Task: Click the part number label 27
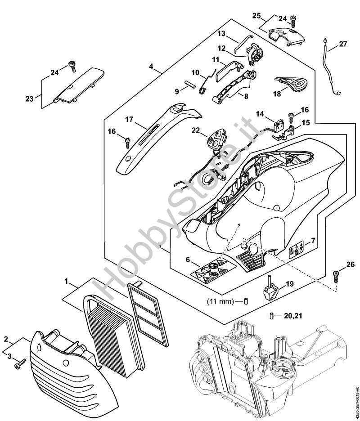tap(343, 44)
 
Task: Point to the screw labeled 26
tap(336, 276)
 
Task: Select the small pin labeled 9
tap(190, 84)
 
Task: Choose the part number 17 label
tap(129, 120)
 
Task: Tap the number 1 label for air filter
tap(67, 282)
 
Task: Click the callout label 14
tap(261, 114)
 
